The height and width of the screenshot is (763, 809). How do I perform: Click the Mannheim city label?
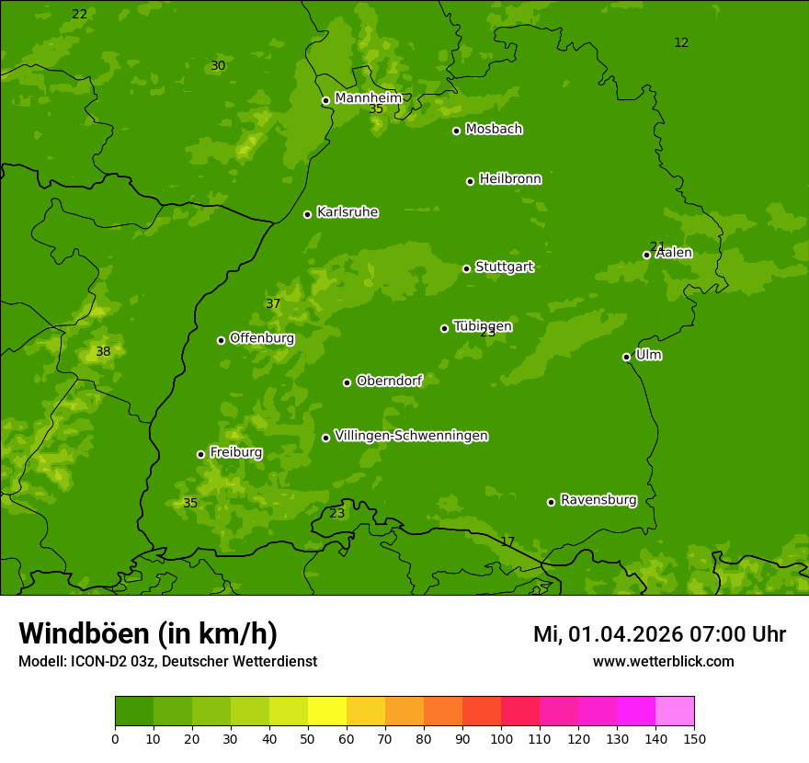point(368,97)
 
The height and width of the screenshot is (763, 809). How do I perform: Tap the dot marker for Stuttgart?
point(466,268)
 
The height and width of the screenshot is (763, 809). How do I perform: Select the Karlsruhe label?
point(348,212)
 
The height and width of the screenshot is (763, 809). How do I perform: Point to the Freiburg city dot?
point(200,454)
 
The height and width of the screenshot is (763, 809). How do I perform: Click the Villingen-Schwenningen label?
point(411,436)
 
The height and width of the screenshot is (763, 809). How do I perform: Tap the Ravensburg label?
point(598,500)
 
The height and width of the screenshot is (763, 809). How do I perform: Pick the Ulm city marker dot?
point(626,357)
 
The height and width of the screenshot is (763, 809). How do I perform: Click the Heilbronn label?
point(510,179)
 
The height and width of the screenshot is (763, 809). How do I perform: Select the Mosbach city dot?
point(456,131)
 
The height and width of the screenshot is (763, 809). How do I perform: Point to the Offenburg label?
point(262,338)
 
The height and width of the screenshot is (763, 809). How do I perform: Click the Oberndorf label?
point(389,381)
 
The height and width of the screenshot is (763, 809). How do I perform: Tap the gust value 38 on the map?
point(103,352)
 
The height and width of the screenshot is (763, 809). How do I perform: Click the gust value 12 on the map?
point(681,43)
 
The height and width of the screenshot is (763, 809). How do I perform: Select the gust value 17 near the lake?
point(507,542)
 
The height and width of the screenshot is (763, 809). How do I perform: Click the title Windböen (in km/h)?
point(148,633)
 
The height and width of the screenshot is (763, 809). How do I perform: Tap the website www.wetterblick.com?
point(663,662)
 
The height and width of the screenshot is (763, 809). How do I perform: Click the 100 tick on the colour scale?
point(501,738)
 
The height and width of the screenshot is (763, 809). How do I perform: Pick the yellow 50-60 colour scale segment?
point(327,712)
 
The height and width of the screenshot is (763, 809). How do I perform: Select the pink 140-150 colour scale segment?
point(675,712)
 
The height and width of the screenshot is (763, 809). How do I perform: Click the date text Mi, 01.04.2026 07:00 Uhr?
point(659,634)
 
